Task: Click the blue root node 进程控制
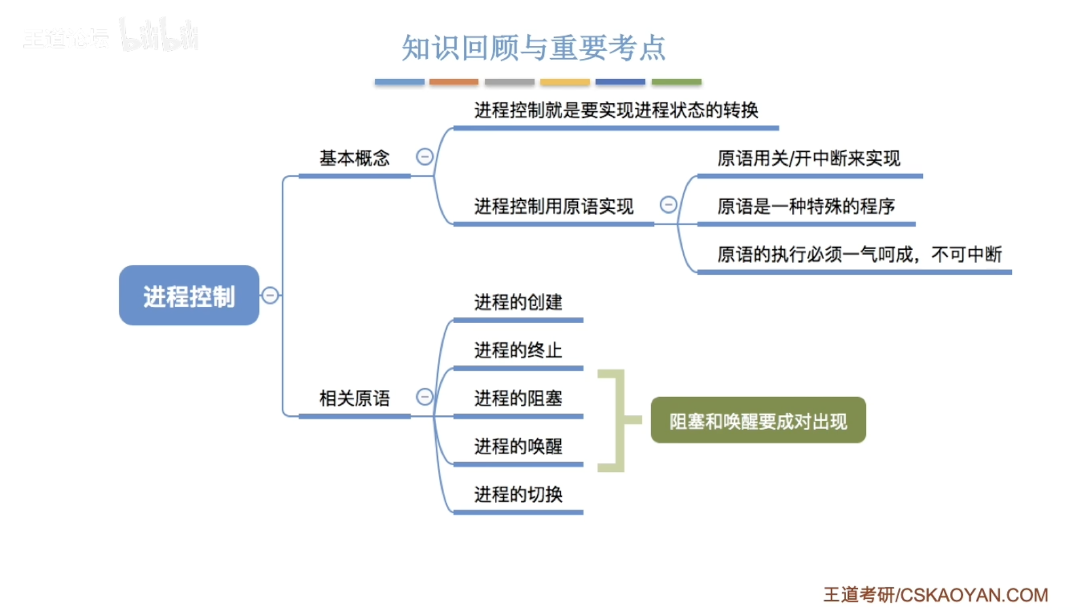pyautogui.click(x=189, y=296)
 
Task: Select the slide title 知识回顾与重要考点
pyautogui.click(x=533, y=48)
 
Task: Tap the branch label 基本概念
pyautogui.click(x=354, y=158)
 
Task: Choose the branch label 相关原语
pyautogui.click(x=354, y=399)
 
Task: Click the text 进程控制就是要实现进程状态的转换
pyautogui.click(x=616, y=110)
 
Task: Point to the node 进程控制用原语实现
pyautogui.click(x=553, y=206)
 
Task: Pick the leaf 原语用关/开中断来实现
pyautogui.click(x=808, y=158)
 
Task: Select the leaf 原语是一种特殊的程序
pyautogui.click(x=806, y=206)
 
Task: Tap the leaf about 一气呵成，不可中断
pyautogui.click(x=859, y=254)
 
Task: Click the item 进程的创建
pyautogui.click(x=518, y=302)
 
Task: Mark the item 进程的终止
pyautogui.click(x=518, y=350)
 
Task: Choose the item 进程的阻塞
pyautogui.click(x=518, y=399)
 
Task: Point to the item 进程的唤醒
pyautogui.click(x=518, y=446)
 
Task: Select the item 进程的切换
pyautogui.click(x=518, y=495)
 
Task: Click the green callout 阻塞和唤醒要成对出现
pyautogui.click(x=758, y=420)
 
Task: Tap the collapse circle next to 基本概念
pyautogui.click(x=425, y=157)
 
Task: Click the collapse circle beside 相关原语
pyautogui.click(x=425, y=397)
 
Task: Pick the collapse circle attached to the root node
pyautogui.click(x=270, y=295)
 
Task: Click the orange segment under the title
pyautogui.click(x=454, y=82)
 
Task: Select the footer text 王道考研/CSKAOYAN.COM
pyautogui.click(x=935, y=595)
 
